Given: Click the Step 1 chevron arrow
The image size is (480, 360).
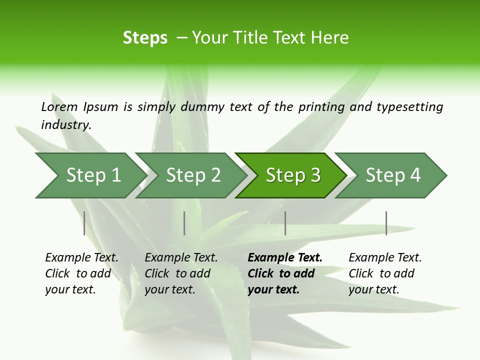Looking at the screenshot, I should coord(90,175).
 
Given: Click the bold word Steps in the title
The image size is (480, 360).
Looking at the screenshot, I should coord(145,38).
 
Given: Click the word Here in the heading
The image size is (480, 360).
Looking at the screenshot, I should coord(329,38).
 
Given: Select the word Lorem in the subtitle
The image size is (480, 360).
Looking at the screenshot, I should coord(59,106).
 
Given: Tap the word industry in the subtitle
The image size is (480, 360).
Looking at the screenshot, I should coord(65,124).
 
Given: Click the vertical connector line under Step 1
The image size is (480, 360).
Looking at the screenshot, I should coord(84,223).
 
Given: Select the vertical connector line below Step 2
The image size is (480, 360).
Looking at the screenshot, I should coord(184,223).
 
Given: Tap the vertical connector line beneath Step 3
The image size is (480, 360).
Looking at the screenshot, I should coord(285,223).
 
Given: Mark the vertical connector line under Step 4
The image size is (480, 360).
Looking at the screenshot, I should coord(386,223).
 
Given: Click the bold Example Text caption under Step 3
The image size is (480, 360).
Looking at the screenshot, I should coord(285,258).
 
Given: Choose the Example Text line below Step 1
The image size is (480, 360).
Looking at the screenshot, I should coord(82,258).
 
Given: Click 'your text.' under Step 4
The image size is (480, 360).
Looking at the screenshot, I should coord(374,289).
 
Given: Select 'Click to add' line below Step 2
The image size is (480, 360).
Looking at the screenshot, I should coord(177,274).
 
